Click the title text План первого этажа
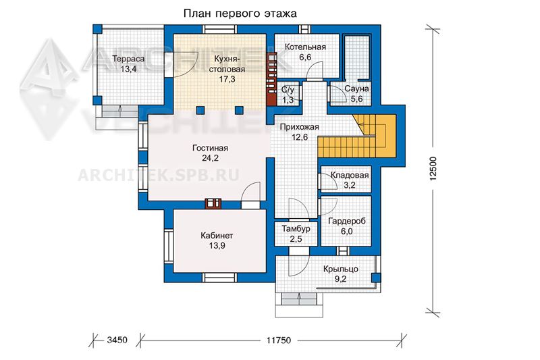(x=240, y=14)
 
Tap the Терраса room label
(x=128, y=59)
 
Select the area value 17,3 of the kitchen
(x=227, y=79)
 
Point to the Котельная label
(x=305, y=47)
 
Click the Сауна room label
(x=357, y=88)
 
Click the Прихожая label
(x=299, y=127)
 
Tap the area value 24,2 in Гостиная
(x=211, y=158)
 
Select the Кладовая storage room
(x=346, y=179)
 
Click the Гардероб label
(x=347, y=221)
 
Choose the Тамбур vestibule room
(x=296, y=234)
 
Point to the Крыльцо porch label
(x=341, y=269)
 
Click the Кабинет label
(x=217, y=236)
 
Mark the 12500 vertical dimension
(x=433, y=169)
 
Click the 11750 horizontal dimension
(x=279, y=340)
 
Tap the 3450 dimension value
(x=117, y=340)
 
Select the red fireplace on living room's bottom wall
(x=213, y=203)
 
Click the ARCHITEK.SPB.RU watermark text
(x=159, y=176)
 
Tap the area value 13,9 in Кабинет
(x=217, y=246)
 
